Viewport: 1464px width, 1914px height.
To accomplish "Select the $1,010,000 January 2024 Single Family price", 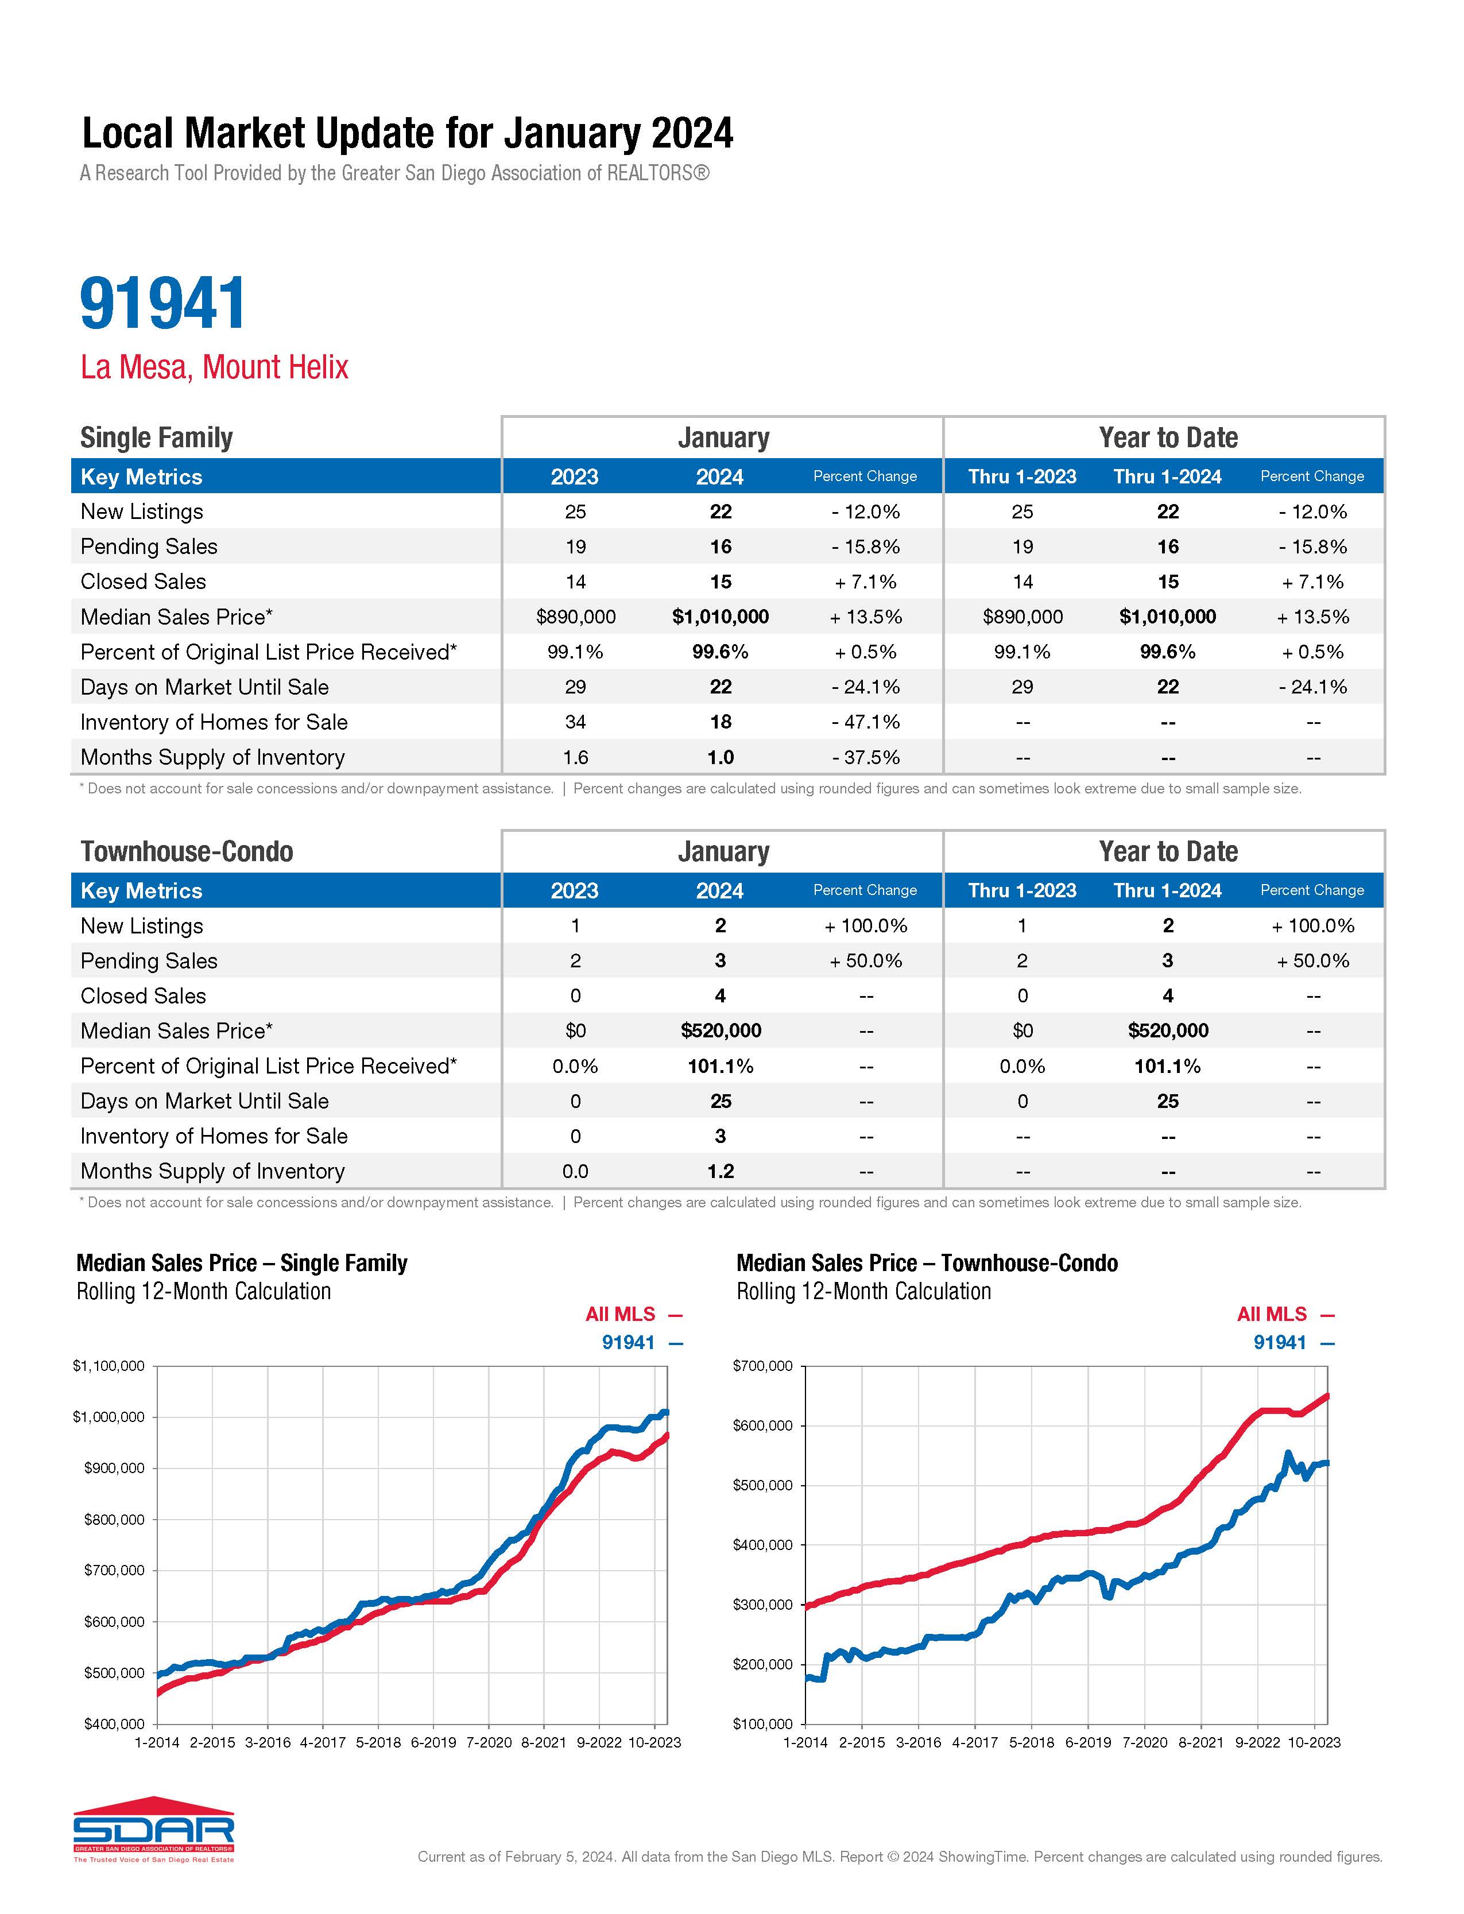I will (x=720, y=617).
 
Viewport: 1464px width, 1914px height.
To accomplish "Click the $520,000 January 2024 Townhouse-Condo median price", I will (x=721, y=1030).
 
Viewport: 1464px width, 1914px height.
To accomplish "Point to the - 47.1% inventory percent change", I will (x=865, y=722).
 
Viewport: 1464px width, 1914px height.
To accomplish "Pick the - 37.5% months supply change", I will (x=865, y=757).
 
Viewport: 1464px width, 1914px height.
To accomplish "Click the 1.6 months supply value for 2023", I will (x=575, y=757).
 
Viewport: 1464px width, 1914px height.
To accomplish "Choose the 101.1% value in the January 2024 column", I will (x=721, y=1066).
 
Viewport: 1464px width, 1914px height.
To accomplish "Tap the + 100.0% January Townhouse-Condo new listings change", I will (x=865, y=926).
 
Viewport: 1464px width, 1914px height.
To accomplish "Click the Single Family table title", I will (x=157, y=437).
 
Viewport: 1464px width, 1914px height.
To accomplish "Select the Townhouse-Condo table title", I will (x=187, y=851).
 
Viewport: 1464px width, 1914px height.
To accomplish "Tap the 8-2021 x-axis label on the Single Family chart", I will (x=543, y=1742).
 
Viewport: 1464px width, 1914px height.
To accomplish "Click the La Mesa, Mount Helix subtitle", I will (x=214, y=367).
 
